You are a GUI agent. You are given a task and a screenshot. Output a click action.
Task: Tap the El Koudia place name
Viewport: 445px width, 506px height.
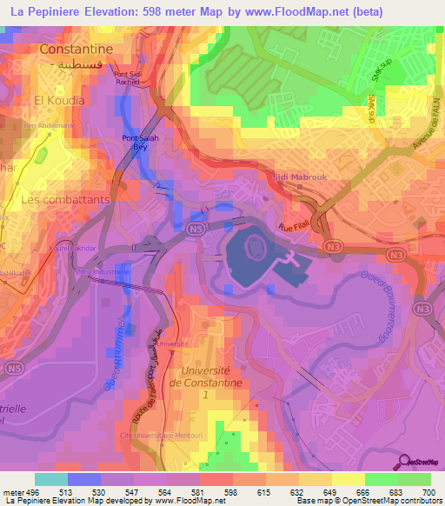[59, 100]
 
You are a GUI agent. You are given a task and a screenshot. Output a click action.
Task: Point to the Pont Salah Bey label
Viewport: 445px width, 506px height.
[141, 143]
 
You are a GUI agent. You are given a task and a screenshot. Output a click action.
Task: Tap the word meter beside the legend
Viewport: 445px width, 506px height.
[12, 491]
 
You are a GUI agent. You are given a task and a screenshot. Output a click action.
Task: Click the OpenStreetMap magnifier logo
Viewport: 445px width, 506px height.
[406, 461]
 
